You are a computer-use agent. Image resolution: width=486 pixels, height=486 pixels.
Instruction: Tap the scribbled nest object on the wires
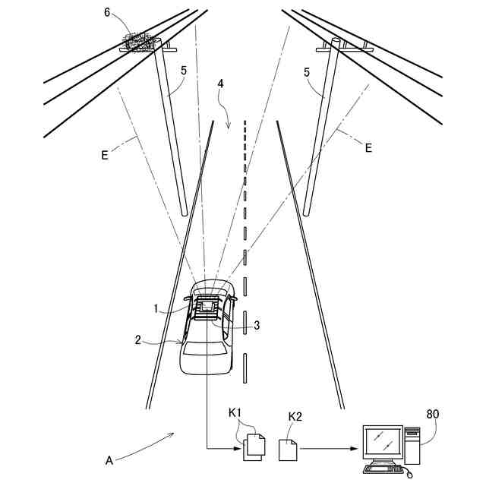point(138,41)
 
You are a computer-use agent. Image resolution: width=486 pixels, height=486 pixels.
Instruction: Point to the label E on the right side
point(368,147)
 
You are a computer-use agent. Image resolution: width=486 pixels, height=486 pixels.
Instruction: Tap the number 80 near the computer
point(432,414)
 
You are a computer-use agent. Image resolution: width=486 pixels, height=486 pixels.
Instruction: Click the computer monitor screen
point(383,441)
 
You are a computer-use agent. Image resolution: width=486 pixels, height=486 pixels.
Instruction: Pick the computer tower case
point(412,446)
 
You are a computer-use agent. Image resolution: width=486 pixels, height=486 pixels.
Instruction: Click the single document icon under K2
point(288,450)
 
